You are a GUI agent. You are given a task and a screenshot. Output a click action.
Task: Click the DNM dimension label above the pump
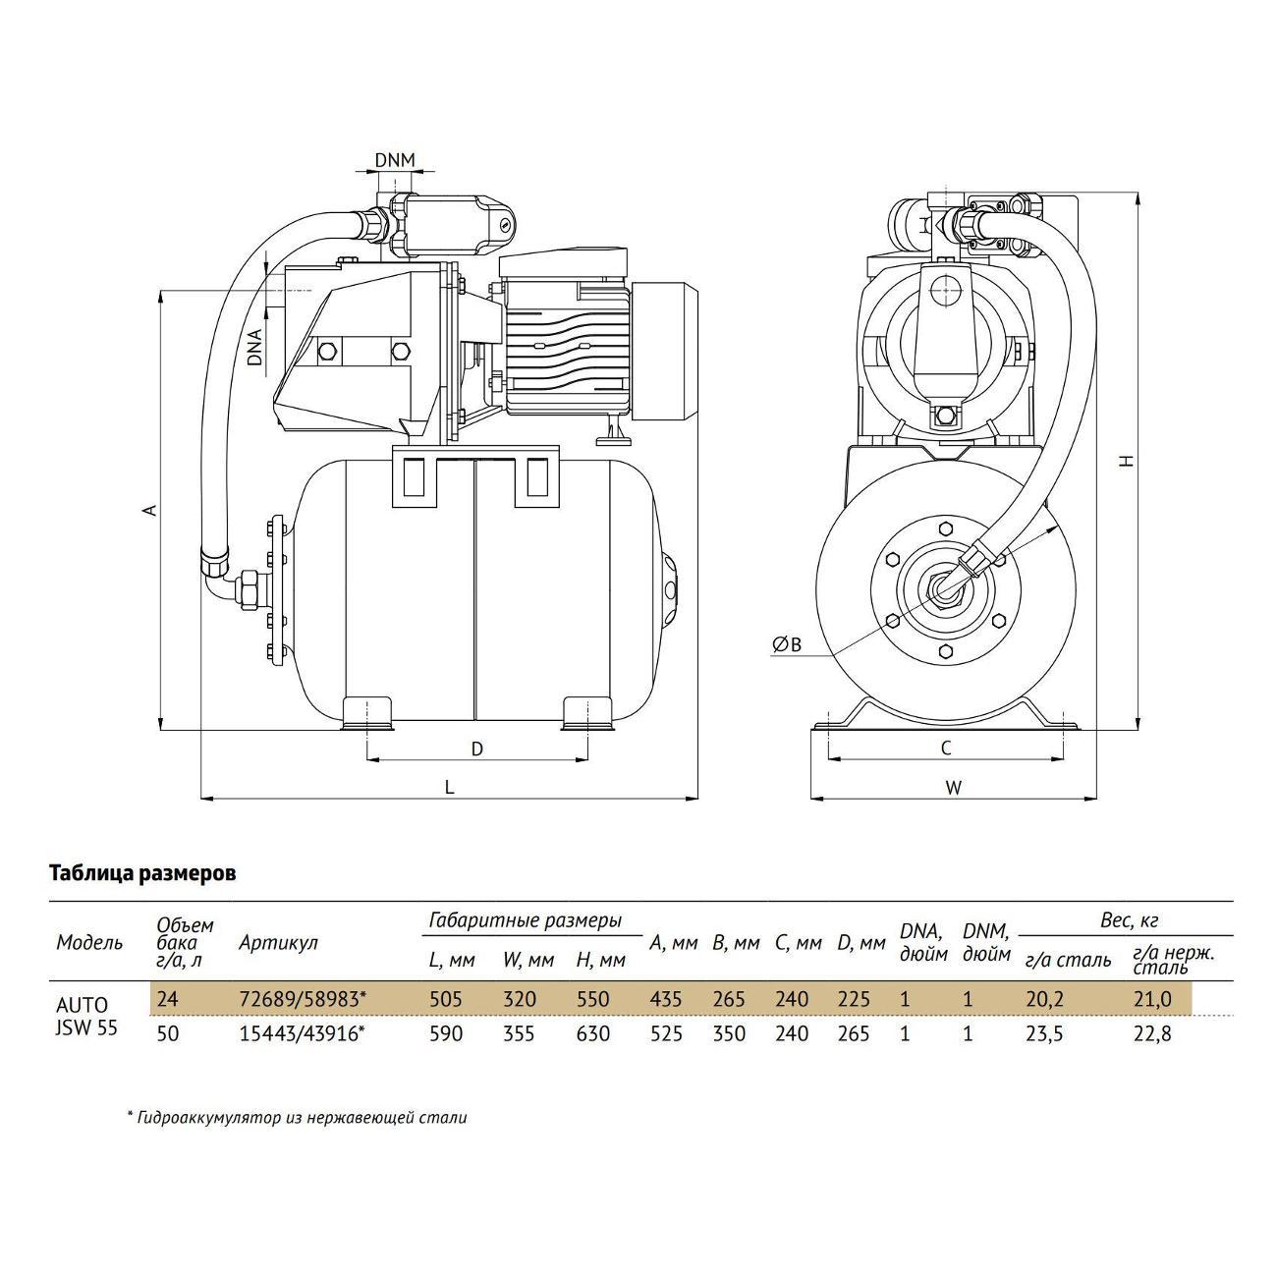(x=395, y=160)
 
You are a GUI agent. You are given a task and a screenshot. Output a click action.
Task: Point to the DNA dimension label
(x=255, y=347)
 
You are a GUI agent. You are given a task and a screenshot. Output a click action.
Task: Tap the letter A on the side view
(x=149, y=510)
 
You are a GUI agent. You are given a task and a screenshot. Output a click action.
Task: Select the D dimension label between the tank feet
(x=477, y=750)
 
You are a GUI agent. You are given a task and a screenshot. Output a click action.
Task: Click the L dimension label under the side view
(x=449, y=787)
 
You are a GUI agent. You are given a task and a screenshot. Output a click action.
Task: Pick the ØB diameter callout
(x=788, y=644)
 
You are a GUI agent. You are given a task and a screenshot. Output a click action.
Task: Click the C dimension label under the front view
(x=946, y=749)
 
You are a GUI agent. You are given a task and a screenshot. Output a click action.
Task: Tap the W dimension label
(x=953, y=787)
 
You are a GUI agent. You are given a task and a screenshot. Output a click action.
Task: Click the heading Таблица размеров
(x=142, y=873)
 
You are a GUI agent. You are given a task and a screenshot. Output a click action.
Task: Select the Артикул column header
(x=278, y=943)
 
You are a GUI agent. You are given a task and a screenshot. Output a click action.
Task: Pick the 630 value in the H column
(x=592, y=1034)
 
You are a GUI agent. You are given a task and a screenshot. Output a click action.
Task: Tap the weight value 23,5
(x=1043, y=1034)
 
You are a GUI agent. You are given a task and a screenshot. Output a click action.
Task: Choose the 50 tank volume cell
(x=168, y=1034)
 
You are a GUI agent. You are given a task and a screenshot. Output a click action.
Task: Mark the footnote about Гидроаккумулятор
(x=297, y=1117)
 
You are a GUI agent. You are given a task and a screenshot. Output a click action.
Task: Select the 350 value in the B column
(x=728, y=1034)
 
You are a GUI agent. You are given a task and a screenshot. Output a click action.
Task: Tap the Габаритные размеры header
(x=525, y=921)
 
